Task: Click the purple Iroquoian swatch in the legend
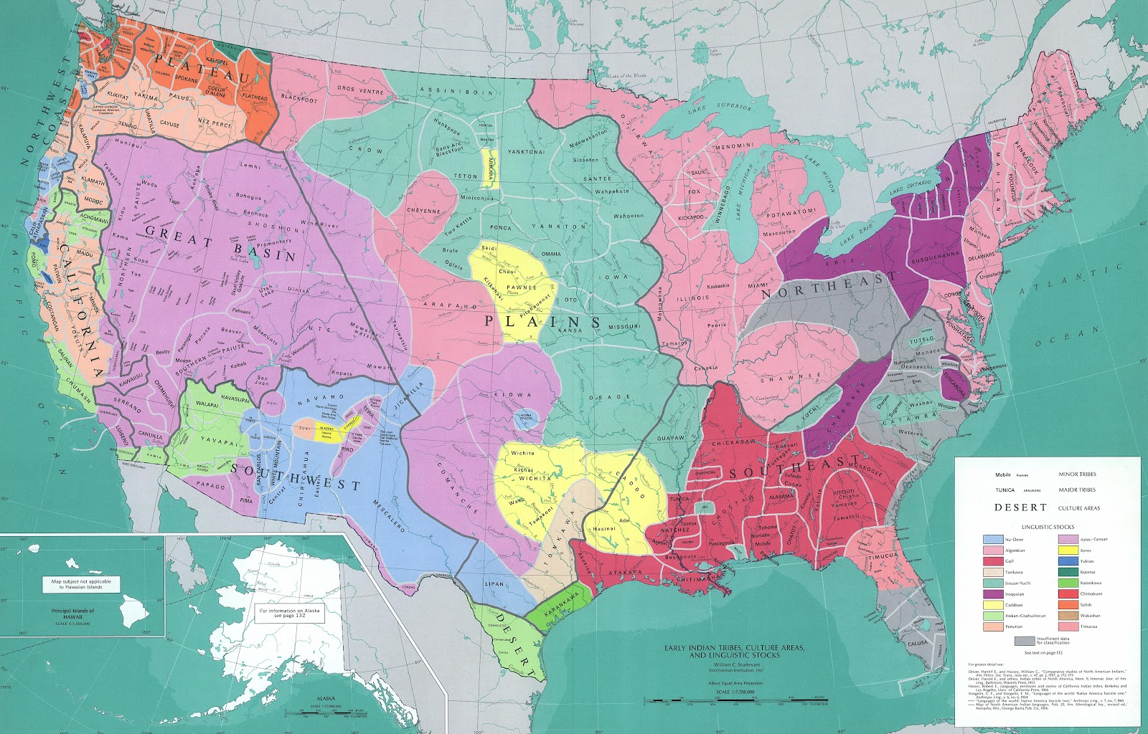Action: coord(993,594)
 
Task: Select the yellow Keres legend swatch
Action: coord(1068,550)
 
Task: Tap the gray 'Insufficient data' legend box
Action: coord(1025,640)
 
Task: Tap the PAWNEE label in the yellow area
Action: coord(522,287)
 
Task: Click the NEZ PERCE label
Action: coord(215,123)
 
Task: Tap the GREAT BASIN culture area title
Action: coord(219,244)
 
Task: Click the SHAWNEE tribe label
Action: coord(797,377)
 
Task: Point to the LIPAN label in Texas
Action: coord(494,583)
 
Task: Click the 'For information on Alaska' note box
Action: coord(290,613)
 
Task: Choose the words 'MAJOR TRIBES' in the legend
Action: coord(1077,490)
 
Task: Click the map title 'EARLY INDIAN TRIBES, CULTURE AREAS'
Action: coord(734,648)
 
